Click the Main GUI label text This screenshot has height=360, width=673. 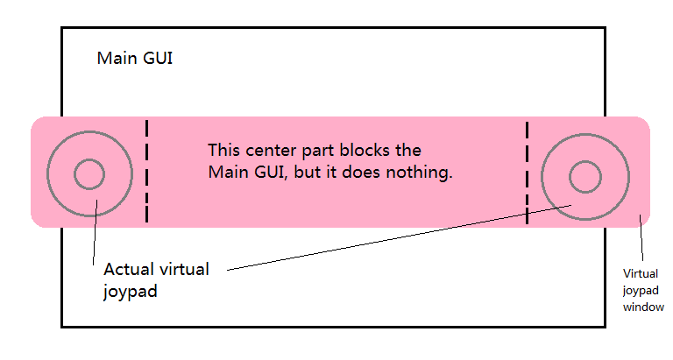[x=135, y=59]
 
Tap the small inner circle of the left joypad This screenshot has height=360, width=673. [x=89, y=174]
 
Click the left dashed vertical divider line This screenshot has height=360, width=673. [x=147, y=171]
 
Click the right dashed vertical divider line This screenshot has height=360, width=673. [x=527, y=173]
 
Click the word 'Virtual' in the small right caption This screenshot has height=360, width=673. [x=640, y=273]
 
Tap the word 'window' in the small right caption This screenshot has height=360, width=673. [x=643, y=307]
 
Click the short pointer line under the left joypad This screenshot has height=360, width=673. [x=94, y=236]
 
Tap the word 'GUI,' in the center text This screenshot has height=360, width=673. [x=268, y=173]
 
